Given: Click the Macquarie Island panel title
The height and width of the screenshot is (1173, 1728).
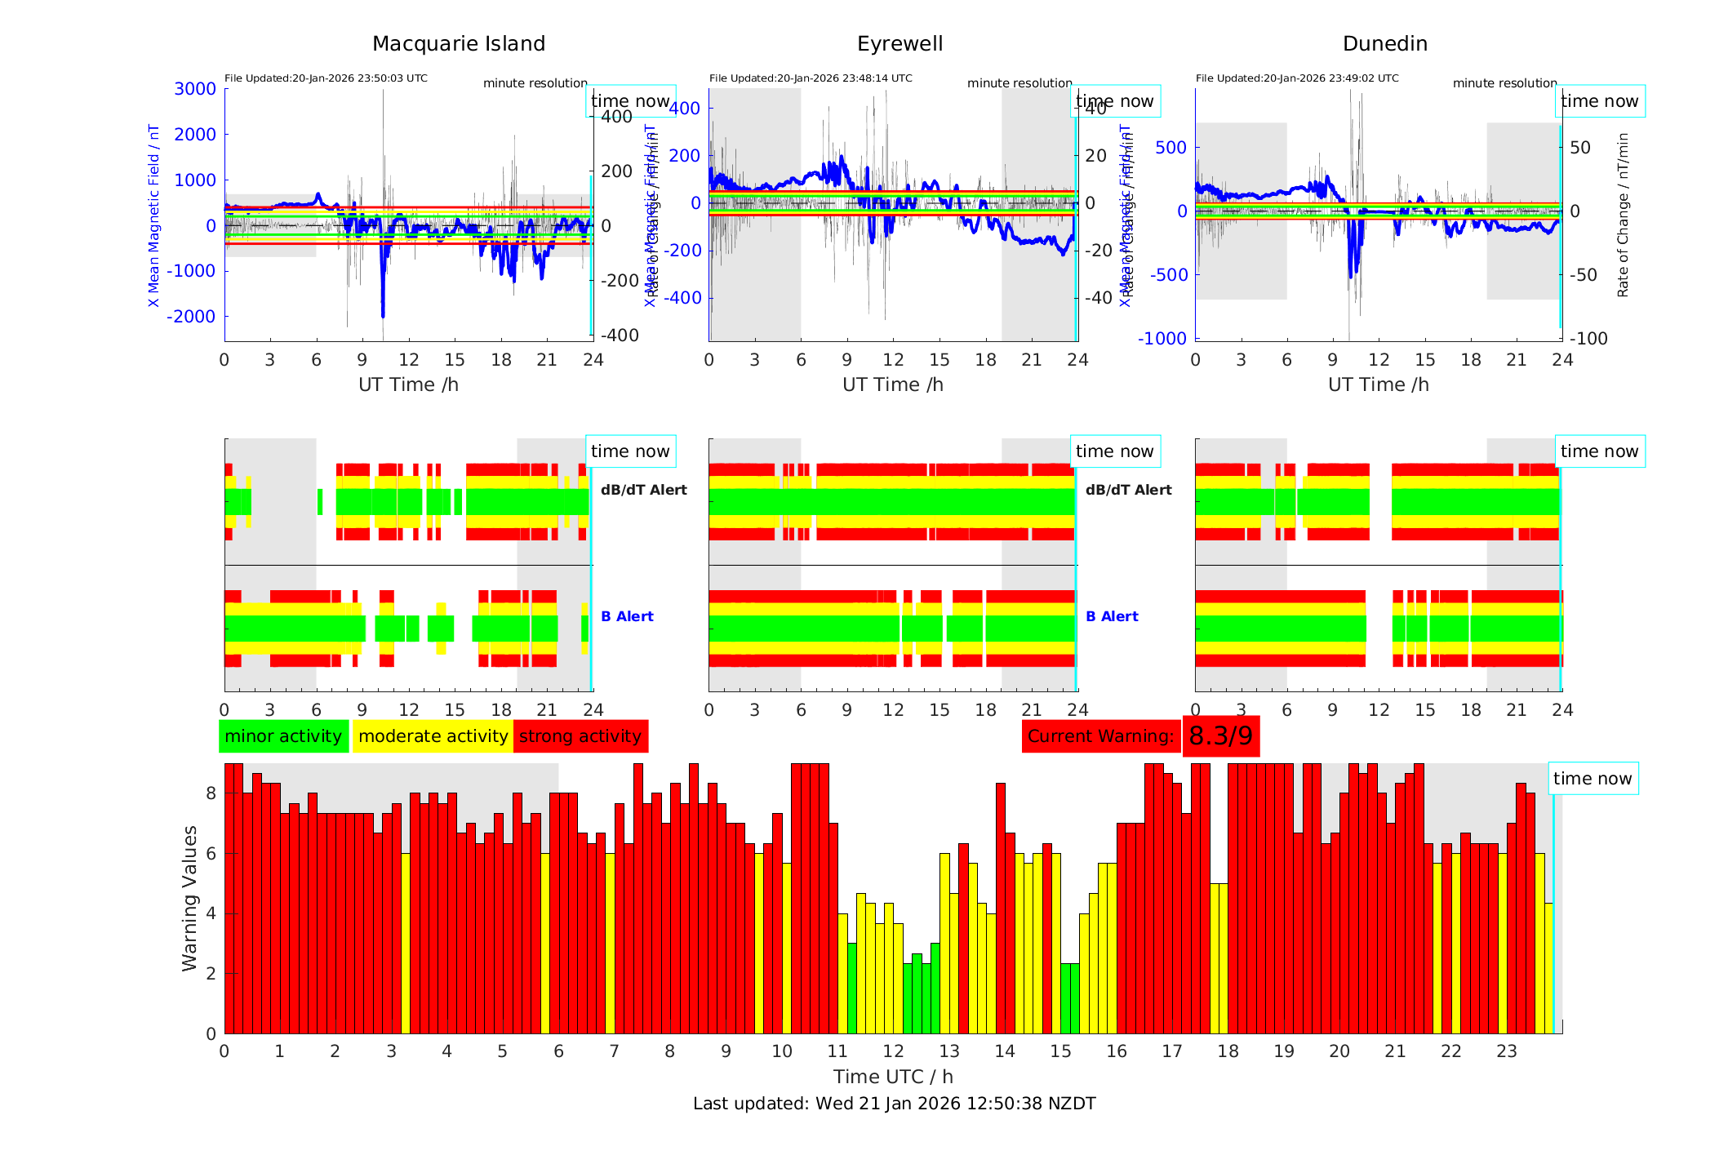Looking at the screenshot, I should tap(458, 44).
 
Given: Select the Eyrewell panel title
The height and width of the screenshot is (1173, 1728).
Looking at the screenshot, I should tap(900, 44).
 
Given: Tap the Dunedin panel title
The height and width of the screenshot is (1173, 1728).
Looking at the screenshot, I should tap(1384, 44).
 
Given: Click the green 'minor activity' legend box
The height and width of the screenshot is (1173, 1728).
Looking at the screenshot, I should tap(283, 736).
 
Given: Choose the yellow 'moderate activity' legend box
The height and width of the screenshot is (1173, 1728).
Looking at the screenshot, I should tap(433, 736).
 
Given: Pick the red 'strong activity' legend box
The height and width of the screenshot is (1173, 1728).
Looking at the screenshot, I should tap(580, 736).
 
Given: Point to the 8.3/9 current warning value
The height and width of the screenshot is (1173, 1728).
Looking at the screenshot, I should tap(1220, 736).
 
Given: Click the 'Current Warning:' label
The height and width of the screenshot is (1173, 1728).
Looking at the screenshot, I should tap(1100, 736).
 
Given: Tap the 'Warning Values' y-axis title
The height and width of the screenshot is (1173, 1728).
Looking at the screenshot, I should tap(190, 898).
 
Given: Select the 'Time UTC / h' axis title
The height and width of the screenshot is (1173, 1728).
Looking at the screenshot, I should tap(893, 1077).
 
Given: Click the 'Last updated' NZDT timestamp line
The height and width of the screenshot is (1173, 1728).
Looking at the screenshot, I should tap(894, 1104).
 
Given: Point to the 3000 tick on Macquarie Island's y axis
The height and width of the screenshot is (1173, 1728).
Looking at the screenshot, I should tap(195, 89).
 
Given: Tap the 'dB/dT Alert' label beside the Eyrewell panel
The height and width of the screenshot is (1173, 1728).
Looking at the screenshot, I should tap(1128, 490).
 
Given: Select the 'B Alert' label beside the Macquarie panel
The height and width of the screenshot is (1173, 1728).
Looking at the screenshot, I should tap(627, 616).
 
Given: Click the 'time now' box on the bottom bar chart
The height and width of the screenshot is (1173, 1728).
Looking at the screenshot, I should tap(1592, 779).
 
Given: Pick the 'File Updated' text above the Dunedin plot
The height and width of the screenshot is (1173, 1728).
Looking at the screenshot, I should tap(1297, 78).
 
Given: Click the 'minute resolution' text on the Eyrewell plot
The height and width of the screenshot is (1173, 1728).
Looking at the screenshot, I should tap(1019, 83).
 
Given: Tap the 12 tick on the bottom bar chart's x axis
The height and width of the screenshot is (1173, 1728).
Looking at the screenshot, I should tap(893, 1051).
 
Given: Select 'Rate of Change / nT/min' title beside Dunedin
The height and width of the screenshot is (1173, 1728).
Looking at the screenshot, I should tap(1623, 215).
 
